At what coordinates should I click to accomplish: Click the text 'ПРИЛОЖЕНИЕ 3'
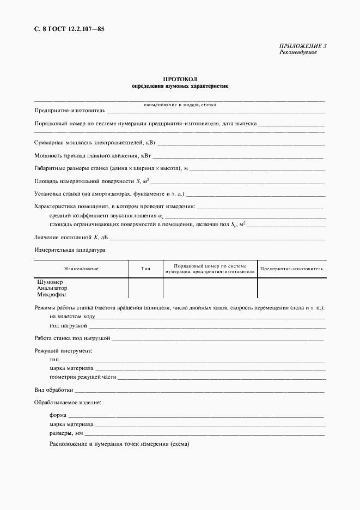pos(303,46)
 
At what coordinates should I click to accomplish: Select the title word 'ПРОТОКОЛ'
pos(180,80)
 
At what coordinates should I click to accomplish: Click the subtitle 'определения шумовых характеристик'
pos(180,86)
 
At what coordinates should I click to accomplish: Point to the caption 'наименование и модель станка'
pos(180,104)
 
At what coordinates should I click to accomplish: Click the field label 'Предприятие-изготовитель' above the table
pos(66,111)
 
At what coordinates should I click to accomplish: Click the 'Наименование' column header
pos(81,269)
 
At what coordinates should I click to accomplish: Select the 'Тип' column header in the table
pos(145,269)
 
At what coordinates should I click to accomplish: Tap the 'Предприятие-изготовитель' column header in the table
pos(291,269)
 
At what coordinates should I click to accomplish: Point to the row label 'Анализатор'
pos(52,288)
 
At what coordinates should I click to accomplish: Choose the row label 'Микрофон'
pos(50,294)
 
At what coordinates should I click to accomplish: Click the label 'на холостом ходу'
pos(72,317)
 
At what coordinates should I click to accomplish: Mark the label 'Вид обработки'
pos(53,390)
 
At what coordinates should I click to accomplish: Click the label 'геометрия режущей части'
pos(83,377)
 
